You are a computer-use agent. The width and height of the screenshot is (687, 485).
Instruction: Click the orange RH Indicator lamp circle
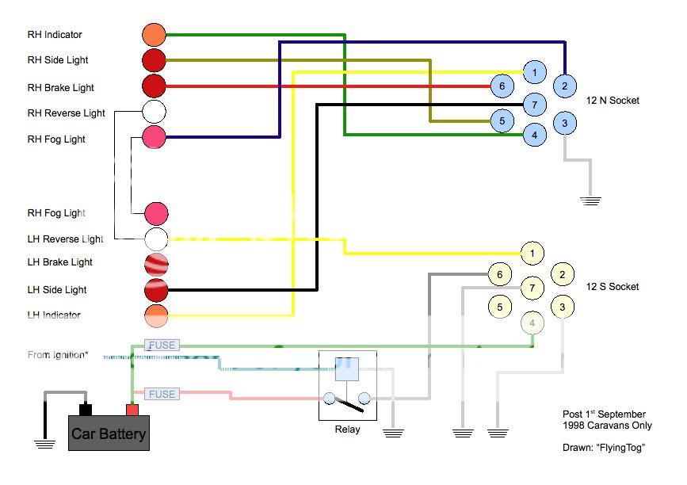154,35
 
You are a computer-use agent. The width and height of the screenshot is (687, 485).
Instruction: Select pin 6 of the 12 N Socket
502,86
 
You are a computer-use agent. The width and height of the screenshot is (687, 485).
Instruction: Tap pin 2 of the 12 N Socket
564,86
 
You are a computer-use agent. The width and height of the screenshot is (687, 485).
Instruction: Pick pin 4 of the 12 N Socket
535,136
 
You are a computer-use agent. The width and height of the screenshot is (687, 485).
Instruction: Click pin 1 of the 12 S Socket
532,254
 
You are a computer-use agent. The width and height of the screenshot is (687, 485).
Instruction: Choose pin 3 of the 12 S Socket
562,306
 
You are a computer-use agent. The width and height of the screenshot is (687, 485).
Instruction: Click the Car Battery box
109,433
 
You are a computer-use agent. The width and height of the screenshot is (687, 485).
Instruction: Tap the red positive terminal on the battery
132,410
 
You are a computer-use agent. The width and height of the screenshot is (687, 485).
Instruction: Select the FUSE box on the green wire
162,346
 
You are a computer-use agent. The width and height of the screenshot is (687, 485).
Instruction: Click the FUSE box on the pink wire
162,394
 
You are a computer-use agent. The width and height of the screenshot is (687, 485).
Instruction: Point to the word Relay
347,430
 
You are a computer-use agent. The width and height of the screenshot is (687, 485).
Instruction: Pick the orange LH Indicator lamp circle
156,315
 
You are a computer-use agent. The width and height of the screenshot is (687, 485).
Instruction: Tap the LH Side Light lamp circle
156,289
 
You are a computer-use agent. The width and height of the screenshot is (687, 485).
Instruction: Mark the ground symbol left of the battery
44,443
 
